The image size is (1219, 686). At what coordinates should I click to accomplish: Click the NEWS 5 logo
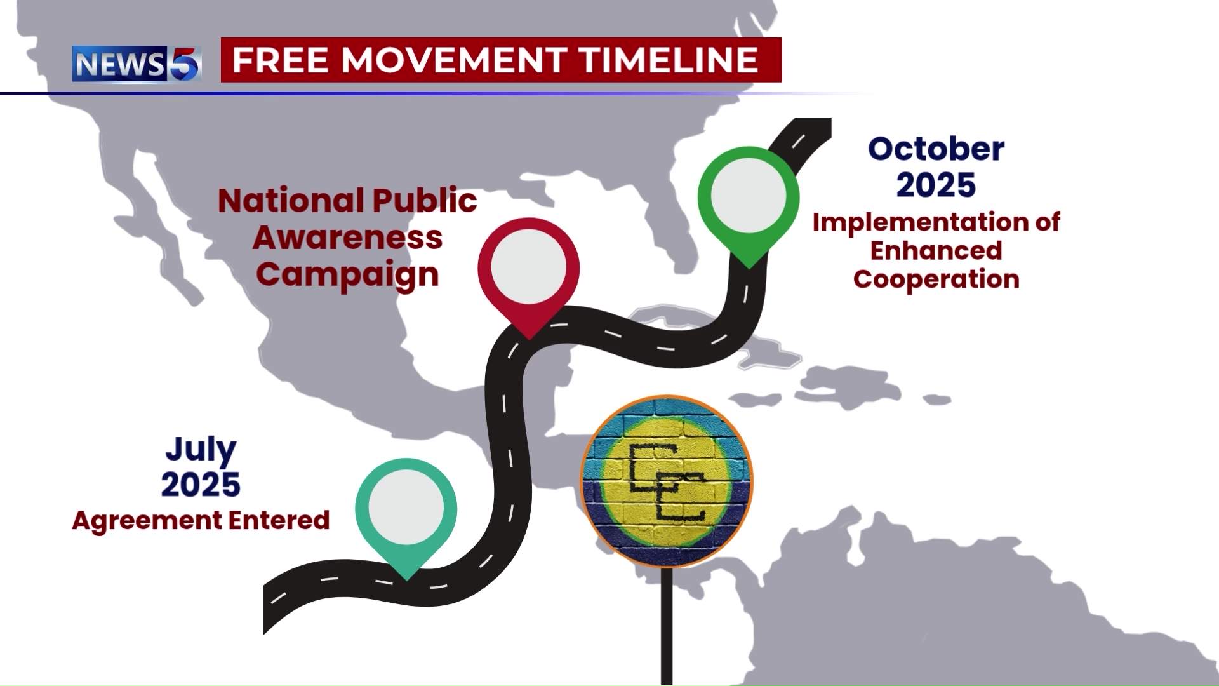tap(137, 64)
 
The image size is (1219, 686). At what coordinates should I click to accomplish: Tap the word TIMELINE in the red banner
tap(669, 60)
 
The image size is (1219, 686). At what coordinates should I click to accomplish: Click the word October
tap(936, 149)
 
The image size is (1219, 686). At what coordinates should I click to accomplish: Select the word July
tap(201, 449)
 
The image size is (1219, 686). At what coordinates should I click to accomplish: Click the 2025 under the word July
tap(201, 485)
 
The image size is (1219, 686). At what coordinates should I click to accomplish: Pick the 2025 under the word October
tap(936, 185)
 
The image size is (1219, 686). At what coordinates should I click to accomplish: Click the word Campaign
tap(347, 275)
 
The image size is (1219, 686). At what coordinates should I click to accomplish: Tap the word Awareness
tap(347, 238)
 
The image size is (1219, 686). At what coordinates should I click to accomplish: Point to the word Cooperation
tap(936, 279)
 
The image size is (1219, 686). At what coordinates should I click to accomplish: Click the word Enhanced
tap(936, 251)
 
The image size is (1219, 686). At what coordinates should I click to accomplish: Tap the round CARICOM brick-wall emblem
tap(667, 481)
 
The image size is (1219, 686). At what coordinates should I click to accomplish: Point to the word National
tap(291, 201)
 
